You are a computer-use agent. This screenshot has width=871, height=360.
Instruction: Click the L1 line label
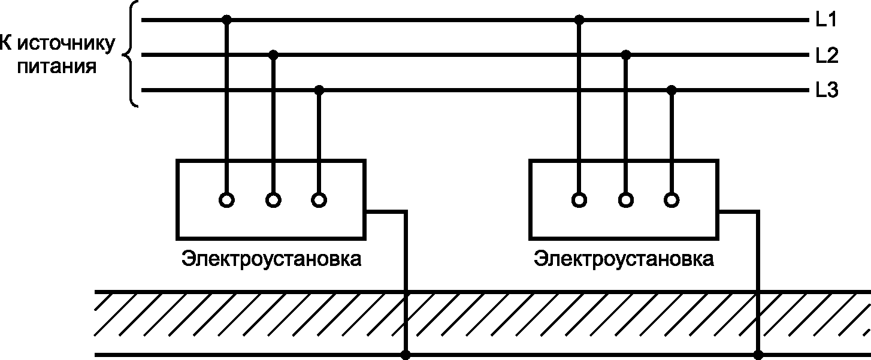point(826,20)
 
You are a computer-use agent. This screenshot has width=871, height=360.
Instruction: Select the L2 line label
point(826,56)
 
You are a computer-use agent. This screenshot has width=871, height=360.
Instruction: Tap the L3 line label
point(826,91)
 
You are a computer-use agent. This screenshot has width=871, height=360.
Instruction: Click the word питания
point(58,65)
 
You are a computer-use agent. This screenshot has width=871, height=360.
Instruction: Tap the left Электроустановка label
point(271,260)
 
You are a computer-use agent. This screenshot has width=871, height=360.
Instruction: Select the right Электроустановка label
point(624,260)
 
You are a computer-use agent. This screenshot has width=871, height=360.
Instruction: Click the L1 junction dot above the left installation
point(226,20)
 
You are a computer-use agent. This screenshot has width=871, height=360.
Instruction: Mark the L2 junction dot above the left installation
point(273,55)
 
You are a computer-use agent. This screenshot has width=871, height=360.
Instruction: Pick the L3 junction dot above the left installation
point(319,90)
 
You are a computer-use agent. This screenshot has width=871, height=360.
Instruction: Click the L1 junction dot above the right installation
point(579,20)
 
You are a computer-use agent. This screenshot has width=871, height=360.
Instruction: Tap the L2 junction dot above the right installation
point(626,55)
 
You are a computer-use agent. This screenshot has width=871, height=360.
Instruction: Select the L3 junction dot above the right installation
point(672,90)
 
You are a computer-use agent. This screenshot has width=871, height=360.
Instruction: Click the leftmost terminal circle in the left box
point(226,200)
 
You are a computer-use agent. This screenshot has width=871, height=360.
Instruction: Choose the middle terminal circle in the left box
point(273,200)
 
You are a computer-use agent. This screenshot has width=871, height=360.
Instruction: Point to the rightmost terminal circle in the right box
point(672,200)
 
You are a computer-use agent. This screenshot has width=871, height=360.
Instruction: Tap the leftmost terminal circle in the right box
point(579,200)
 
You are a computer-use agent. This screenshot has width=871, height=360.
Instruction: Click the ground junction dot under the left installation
point(406,355)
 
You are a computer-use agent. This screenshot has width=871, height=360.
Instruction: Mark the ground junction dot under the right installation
point(758,355)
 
